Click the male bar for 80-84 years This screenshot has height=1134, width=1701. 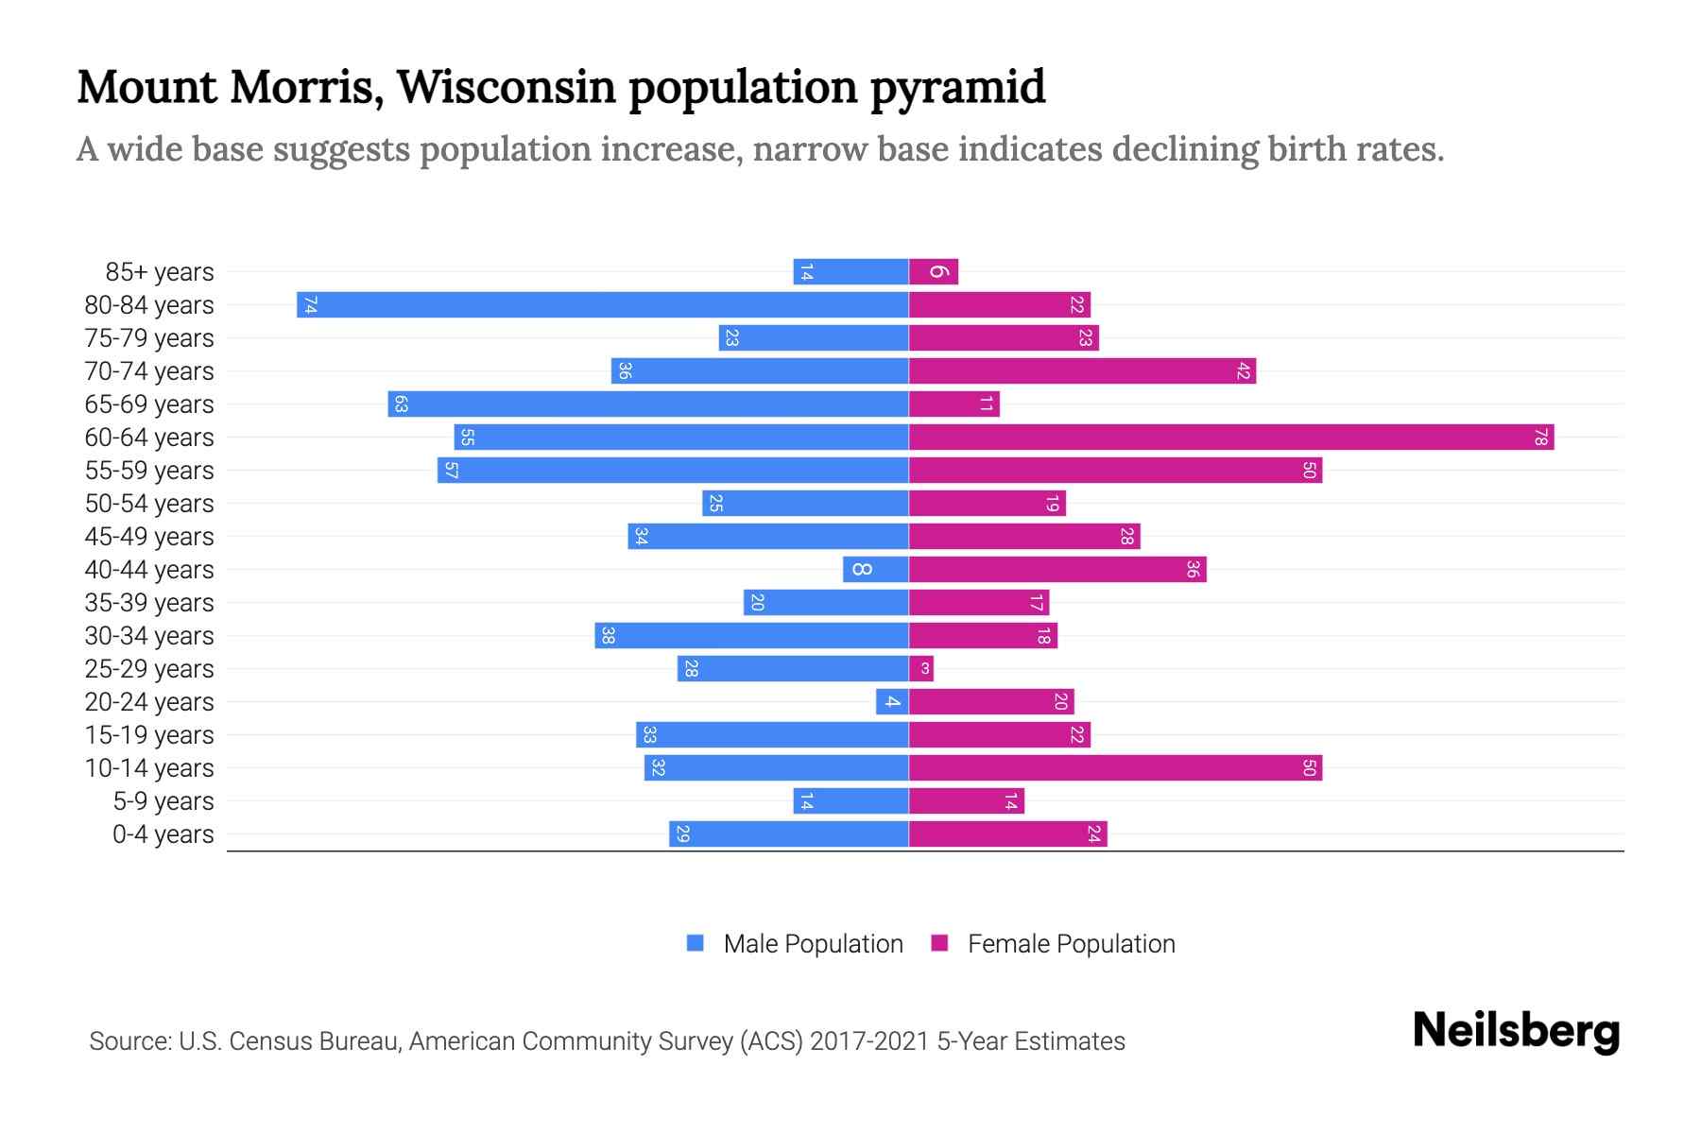[603, 305]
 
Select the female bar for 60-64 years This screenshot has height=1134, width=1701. [1230, 438]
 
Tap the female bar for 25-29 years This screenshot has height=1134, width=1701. [921, 669]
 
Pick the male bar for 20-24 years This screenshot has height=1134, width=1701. [892, 702]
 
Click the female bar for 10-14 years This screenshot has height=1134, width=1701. [1115, 768]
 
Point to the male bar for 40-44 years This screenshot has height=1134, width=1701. [876, 570]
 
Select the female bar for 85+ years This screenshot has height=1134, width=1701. [934, 272]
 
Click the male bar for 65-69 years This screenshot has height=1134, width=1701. [648, 404]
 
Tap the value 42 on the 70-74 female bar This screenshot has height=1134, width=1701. [1244, 371]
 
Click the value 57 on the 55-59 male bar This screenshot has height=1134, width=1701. [451, 471]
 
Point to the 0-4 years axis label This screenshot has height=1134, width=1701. [163, 834]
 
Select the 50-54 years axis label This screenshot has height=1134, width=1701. [149, 504]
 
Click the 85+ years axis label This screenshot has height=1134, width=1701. [160, 272]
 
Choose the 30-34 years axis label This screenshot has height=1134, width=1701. [149, 636]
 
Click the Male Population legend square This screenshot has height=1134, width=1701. [696, 943]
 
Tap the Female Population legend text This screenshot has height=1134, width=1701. [1071, 943]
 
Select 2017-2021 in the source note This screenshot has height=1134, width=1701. [869, 1041]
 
